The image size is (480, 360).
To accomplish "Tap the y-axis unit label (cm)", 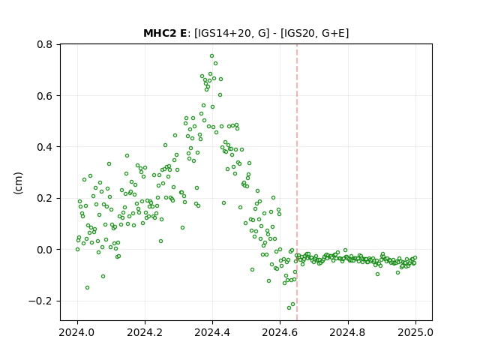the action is coord(18,183).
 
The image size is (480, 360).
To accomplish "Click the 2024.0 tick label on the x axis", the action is coord(77,332).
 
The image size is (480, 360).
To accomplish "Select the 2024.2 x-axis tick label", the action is coord(145,332).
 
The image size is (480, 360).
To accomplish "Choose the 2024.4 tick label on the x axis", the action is coord(212,332).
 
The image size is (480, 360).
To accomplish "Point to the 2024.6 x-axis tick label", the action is coord(280,332).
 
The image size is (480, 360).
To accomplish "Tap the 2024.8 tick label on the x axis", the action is coord(347,332).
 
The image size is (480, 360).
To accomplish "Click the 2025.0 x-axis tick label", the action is coord(415,332).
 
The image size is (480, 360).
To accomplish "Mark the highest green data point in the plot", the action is coord(211,56).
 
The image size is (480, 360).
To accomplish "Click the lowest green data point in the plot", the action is coord(289,307).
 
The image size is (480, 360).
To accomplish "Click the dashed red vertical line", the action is coord(297,182).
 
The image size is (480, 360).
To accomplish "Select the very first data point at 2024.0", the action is coord(77,250).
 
